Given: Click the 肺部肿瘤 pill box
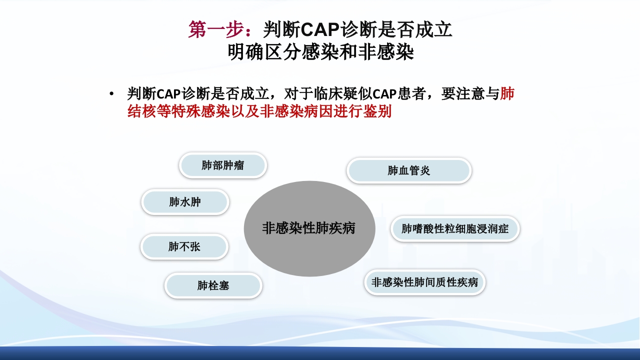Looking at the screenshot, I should point(223,165).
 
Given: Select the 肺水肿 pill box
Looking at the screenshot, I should point(185,202).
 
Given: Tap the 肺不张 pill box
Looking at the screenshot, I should point(184,246).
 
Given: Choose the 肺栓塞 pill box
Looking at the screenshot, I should point(213,285).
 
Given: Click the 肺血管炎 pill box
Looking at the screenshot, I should point(409,170).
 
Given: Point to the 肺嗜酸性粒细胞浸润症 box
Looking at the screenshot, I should point(455,229).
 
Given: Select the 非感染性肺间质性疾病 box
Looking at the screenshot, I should point(424,282).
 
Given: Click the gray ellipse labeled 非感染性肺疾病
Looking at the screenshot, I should point(309,228).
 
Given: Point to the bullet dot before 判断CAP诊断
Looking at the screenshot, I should point(111,94).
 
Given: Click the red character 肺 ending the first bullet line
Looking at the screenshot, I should point(507,93).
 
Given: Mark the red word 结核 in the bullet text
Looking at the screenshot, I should point(141,111).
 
